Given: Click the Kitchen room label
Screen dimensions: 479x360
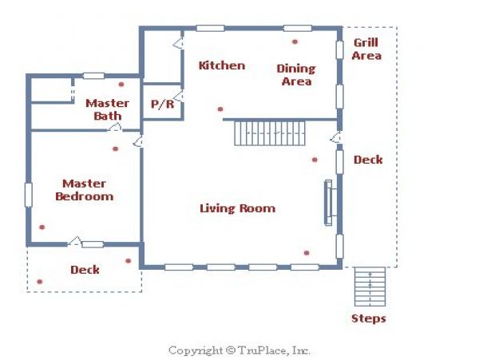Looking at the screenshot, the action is pyautogui.click(x=222, y=65).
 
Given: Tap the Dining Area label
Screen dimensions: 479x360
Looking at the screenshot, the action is pyautogui.click(x=296, y=75).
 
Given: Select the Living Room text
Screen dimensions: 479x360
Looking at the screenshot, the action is pyautogui.click(x=238, y=208).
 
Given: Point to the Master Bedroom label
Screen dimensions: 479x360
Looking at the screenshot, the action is pyautogui.click(x=85, y=190).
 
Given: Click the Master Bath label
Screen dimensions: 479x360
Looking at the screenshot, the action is pyautogui.click(x=107, y=109).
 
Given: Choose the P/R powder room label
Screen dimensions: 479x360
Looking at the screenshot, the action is pyautogui.click(x=163, y=105).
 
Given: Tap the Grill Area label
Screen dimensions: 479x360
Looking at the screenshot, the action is pyautogui.click(x=366, y=49).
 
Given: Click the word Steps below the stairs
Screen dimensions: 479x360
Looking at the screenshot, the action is pyautogui.click(x=369, y=318).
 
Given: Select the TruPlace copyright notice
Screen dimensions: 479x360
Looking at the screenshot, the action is pyautogui.click(x=239, y=350).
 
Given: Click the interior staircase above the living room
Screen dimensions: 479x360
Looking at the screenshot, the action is pyautogui.click(x=270, y=133).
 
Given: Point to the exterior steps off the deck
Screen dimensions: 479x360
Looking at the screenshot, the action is pyautogui.click(x=370, y=287).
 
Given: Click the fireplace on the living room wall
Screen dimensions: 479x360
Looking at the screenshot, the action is pyautogui.click(x=330, y=203).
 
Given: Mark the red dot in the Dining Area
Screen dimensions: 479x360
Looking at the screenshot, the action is pyautogui.click(x=295, y=42).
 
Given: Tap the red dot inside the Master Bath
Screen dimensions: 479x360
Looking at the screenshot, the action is pyautogui.click(x=121, y=85).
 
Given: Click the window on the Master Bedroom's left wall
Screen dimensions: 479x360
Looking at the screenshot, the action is pyautogui.click(x=29, y=195).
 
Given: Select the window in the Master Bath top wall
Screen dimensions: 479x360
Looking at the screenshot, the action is pyautogui.click(x=93, y=76).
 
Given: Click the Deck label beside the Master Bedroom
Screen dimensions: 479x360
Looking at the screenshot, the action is pyautogui.click(x=85, y=270).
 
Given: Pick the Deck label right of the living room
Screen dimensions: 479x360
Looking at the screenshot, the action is pyautogui.click(x=368, y=160).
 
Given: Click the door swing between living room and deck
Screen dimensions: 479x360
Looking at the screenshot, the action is pyautogui.click(x=335, y=137).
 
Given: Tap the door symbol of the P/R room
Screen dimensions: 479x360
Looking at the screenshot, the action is pyautogui.click(x=178, y=96).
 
